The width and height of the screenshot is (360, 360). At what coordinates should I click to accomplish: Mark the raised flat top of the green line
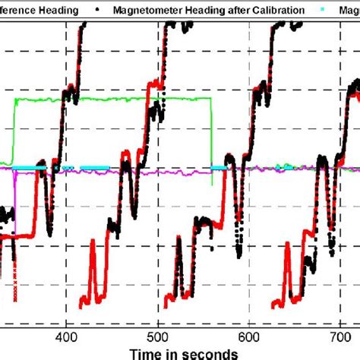pyautogui.click(x=114, y=99)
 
